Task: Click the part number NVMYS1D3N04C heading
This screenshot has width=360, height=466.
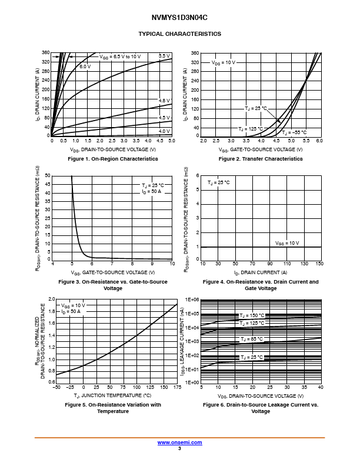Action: [179, 18]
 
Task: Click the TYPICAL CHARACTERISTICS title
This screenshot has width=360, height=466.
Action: [179, 34]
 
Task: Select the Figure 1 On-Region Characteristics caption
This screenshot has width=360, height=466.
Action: [113, 159]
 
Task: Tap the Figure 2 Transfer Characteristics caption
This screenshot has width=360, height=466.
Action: [261, 159]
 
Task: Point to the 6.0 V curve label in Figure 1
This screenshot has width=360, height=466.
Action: [85, 67]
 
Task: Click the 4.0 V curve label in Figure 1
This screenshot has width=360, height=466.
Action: [164, 131]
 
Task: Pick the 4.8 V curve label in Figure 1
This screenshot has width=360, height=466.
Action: [164, 101]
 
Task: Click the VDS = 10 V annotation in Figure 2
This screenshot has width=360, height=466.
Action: [223, 62]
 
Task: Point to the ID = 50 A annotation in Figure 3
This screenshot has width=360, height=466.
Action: [151, 192]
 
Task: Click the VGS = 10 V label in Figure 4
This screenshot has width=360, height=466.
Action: [287, 243]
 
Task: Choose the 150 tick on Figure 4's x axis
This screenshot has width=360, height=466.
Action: [319, 264]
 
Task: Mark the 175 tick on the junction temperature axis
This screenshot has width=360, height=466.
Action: [177, 387]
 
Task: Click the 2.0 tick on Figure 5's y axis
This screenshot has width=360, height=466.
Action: [51, 299]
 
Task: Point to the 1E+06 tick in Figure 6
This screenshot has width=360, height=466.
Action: [192, 299]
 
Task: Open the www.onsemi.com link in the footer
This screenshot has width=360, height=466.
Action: [179, 442]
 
